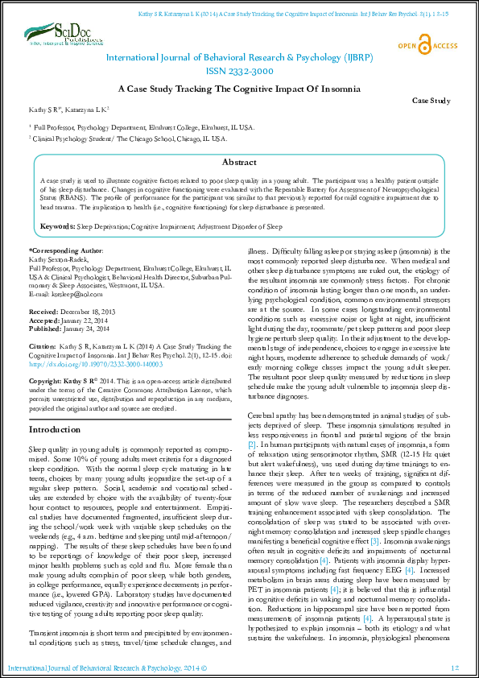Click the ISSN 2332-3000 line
[239, 71]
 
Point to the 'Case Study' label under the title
[432, 101]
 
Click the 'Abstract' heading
[239, 162]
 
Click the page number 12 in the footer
[454, 668]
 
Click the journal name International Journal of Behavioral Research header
[239, 58]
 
